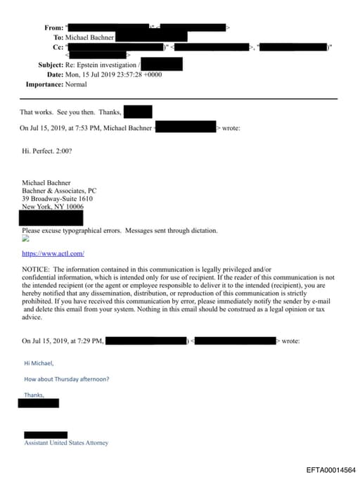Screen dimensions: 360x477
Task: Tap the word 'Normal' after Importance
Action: [76, 84]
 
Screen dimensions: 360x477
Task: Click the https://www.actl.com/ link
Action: [53, 253]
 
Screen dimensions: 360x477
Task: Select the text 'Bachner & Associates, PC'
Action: [58, 190]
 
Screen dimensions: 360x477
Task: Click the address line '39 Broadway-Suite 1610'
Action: [57, 198]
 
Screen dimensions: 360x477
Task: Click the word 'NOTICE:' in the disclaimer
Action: [36, 269]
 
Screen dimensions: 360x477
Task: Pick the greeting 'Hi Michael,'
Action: [39, 363]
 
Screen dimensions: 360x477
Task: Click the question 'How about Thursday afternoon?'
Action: [66, 379]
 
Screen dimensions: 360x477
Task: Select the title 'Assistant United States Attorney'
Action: [66, 443]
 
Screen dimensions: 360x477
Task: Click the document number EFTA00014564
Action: [330, 469]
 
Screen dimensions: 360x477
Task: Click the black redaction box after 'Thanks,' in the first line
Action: [138, 111]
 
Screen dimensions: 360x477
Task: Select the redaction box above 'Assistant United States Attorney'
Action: [46, 435]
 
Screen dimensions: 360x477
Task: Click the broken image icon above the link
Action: [26, 238]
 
